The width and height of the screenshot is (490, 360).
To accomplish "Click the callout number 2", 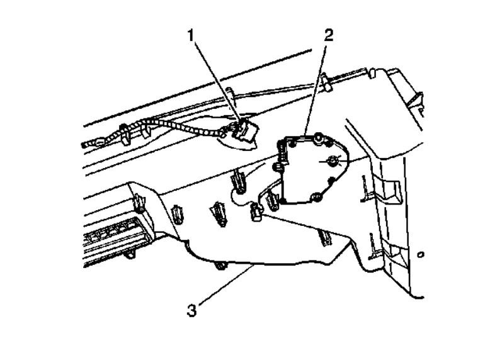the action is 329,35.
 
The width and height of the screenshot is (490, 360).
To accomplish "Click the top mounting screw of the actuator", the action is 321,137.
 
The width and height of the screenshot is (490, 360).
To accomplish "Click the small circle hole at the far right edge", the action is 421,255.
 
